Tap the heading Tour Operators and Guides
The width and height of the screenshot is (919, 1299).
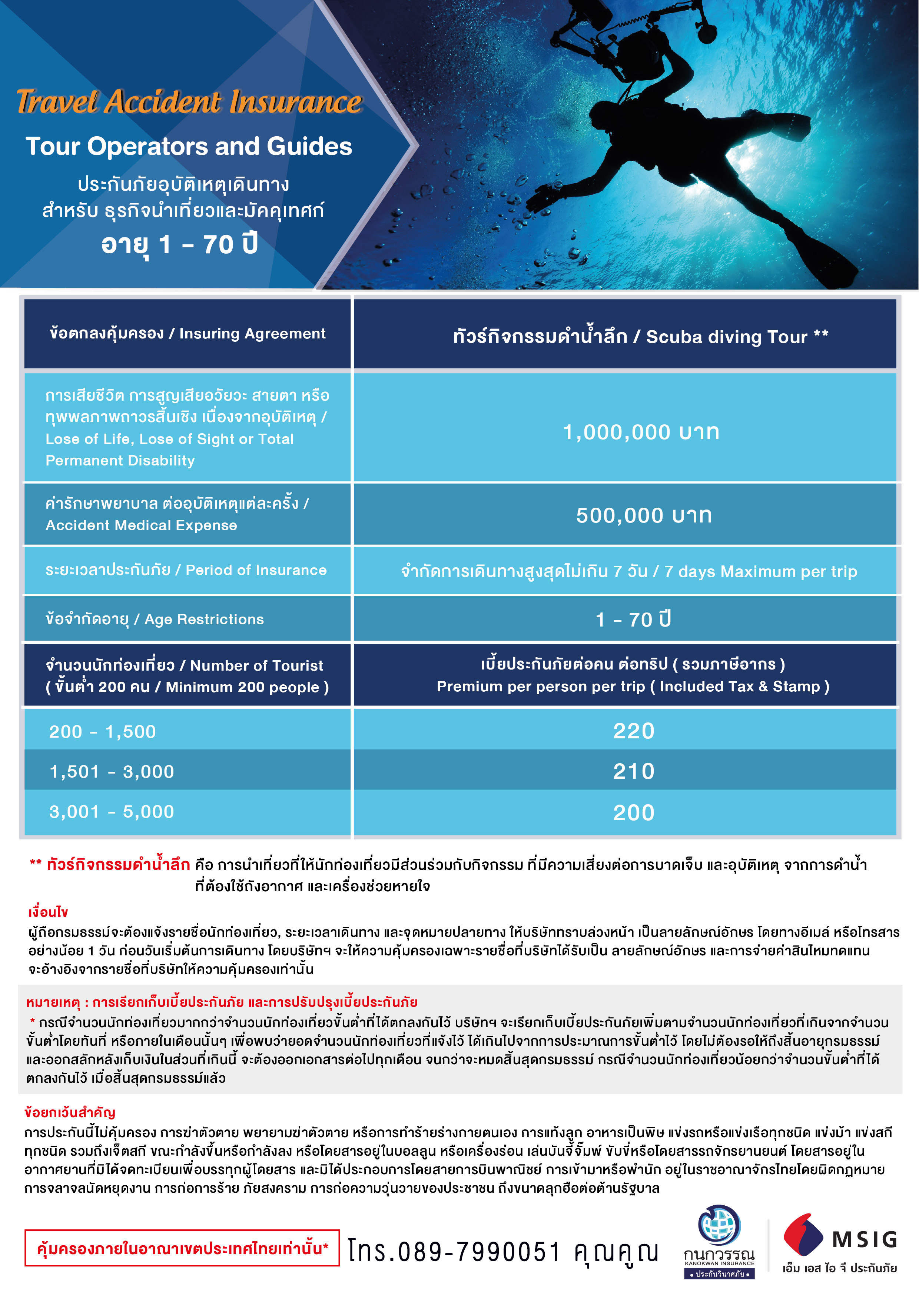189,147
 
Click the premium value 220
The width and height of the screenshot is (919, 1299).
634,731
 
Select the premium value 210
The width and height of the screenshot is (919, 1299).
634,771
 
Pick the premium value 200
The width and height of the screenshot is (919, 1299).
634,812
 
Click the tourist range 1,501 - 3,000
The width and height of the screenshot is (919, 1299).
112,772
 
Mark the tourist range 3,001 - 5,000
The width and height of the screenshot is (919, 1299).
112,812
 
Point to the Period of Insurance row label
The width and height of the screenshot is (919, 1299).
186,570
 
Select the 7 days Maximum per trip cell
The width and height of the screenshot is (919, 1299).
628,571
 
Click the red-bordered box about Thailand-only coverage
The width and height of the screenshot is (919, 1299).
182,1248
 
